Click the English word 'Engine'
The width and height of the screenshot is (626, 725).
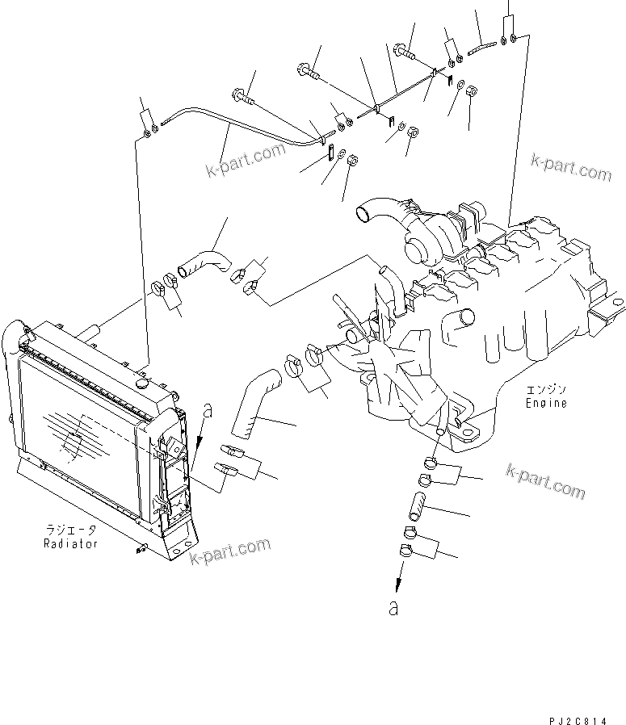click(x=546, y=402)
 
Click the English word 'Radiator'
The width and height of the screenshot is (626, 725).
click(x=71, y=543)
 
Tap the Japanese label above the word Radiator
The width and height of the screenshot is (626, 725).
click(x=71, y=530)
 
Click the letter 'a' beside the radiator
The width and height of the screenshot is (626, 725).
click(x=208, y=411)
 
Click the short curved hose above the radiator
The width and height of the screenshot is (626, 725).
click(x=204, y=263)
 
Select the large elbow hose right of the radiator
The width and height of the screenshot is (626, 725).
click(x=254, y=400)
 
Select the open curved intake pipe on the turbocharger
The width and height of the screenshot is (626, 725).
click(x=369, y=212)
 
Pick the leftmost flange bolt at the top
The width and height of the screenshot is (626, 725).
click(x=245, y=98)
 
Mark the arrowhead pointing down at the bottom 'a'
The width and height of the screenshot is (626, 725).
click(x=397, y=585)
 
